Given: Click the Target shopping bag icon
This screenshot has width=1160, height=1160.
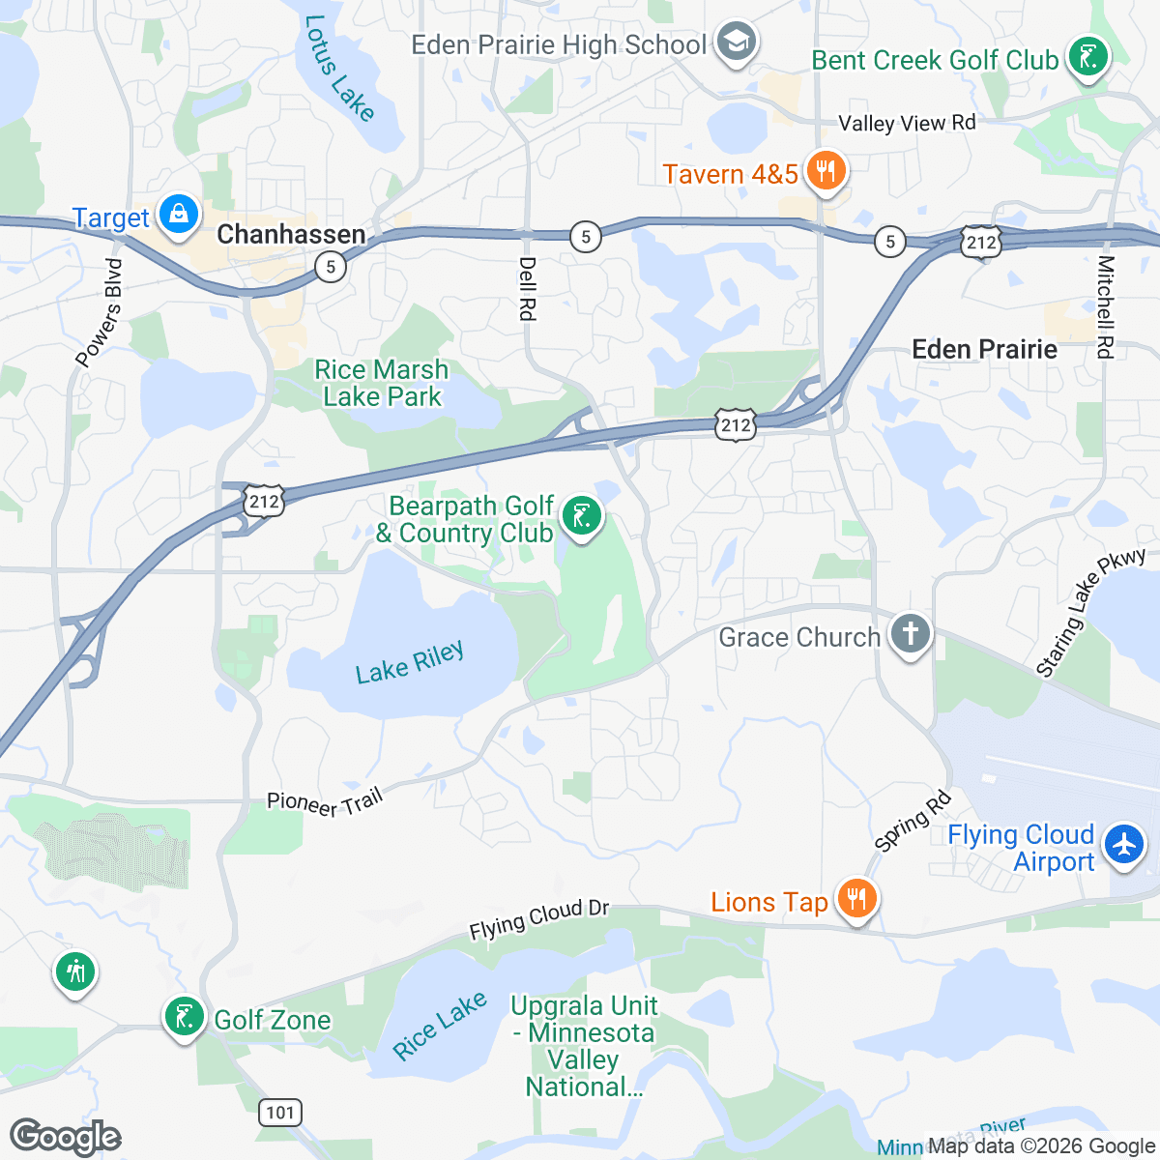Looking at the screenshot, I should (179, 214).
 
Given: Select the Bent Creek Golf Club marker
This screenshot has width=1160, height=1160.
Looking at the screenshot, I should (1087, 58).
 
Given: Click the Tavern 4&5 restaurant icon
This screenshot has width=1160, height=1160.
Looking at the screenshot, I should (825, 172).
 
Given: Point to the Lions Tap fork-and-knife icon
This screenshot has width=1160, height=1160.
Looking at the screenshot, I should (855, 899).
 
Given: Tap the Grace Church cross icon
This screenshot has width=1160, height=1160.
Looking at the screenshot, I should (910, 634).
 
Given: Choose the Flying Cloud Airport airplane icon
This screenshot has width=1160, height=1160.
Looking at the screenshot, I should (1123, 843).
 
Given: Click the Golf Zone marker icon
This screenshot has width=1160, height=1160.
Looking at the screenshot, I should (183, 1016).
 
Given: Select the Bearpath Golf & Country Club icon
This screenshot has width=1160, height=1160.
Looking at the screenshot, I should (581, 516).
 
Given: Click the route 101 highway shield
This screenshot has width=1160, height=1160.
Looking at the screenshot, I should (280, 1112).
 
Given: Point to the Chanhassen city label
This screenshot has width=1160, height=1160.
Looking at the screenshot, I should (291, 234).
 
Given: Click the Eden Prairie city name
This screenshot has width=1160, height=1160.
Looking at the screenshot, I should (984, 349).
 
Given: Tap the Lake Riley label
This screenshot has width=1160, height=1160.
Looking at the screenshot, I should (410, 663).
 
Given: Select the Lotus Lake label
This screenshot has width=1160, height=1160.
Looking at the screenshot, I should (338, 68).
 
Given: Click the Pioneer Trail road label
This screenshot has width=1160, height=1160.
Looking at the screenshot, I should (325, 802).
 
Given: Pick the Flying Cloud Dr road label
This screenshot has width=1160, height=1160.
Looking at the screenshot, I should (538, 919).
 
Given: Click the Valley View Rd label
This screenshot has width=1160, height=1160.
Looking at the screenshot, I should (907, 123).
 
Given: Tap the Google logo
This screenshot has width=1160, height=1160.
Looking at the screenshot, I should (66, 1138).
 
